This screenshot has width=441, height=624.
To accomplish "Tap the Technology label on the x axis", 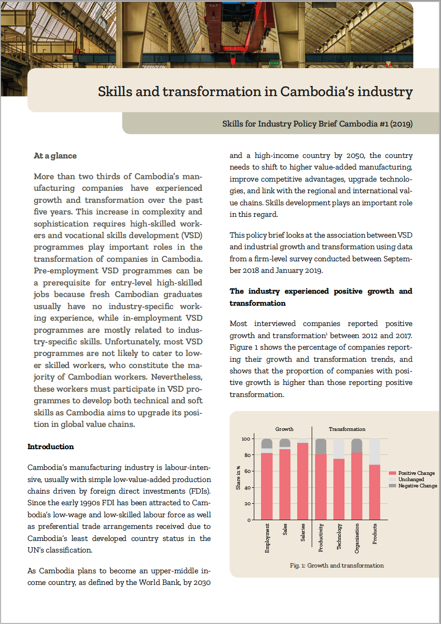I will point(339,537).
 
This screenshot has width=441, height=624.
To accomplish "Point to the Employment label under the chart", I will point(267,538).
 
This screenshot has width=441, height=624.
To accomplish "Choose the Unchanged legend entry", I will point(411,480).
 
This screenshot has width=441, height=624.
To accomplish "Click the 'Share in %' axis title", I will point(238,479).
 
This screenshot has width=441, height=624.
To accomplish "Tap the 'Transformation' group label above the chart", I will point(347,429).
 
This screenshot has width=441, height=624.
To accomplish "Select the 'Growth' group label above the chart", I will point(284,429).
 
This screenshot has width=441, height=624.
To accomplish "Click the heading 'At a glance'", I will point(55,156).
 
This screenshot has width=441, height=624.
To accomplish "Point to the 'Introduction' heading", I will point(51,447).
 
